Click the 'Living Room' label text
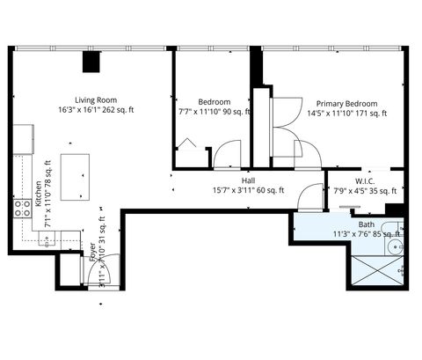point(96,99)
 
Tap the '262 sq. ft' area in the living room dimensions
point(119,110)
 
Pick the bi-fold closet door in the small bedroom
point(187,144)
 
